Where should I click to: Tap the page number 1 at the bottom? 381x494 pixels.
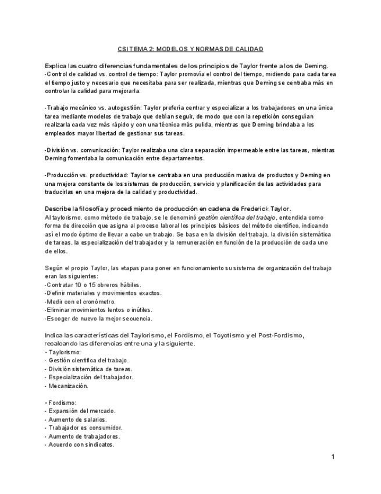click(x=333, y=457)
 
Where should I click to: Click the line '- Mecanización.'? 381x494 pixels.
click(x=66, y=386)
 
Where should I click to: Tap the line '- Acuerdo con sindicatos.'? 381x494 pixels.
click(x=80, y=444)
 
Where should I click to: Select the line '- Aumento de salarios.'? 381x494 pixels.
click(x=75, y=419)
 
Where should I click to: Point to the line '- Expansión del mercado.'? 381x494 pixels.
click(x=80, y=411)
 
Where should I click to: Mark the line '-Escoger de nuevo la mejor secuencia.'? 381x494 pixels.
click(x=98, y=319)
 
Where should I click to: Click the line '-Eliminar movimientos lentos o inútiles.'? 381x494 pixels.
click(x=98, y=310)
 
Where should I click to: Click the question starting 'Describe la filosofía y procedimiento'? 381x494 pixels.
click(x=168, y=209)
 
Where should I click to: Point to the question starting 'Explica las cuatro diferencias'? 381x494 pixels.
click(x=187, y=66)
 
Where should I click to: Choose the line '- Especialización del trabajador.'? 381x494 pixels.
click(x=88, y=377)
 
